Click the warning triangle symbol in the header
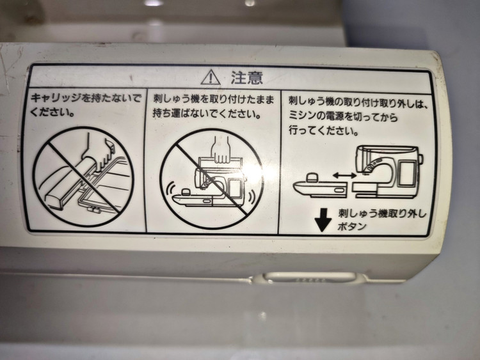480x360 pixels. point(211,77)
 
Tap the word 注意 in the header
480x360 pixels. point(247,77)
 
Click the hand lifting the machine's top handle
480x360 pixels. point(221,150)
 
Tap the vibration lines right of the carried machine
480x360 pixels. point(252,197)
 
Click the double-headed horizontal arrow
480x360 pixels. point(344,175)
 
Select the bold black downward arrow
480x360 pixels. point(323,220)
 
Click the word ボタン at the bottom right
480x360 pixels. point(352,227)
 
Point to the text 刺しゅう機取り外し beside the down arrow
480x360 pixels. point(382,213)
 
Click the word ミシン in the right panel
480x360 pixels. point(304,116)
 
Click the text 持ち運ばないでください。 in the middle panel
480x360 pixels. point(207,114)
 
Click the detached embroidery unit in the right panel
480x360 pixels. point(320,185)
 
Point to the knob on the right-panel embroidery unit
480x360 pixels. point(313,178)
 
